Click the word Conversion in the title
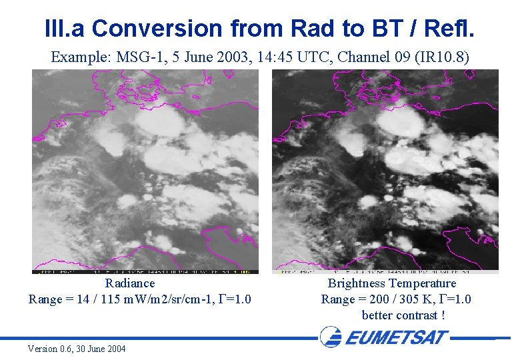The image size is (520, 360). pos(157,28)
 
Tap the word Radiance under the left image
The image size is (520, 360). pos(130,283)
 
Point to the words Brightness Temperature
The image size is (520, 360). pos(392,283)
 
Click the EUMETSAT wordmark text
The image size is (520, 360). pos(397,337)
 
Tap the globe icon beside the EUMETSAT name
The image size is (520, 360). pos(331,337)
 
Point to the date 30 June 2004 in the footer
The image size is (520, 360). pos(102,349)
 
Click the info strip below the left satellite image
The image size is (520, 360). pos(145,271)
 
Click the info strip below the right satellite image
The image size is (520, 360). pos(385,271)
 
